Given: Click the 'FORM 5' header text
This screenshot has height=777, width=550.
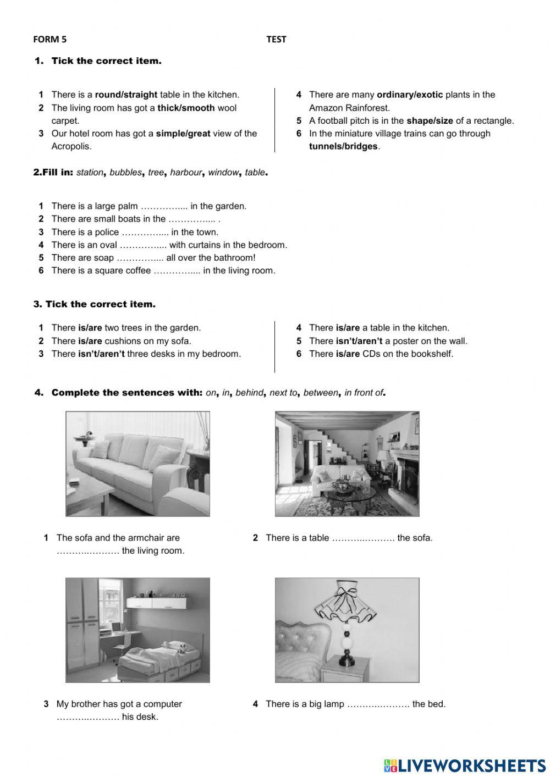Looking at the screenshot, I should [x=50, y=39].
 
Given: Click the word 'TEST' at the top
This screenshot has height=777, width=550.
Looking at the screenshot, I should [x=276, y=39].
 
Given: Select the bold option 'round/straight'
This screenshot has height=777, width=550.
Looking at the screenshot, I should [x=126, y=95].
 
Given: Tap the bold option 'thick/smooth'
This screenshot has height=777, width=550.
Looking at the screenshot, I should [x=186, y=108].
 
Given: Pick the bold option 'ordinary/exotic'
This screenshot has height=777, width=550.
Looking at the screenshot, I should [x=409, y=95].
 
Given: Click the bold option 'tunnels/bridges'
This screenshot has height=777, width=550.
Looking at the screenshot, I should [x=343, y=146].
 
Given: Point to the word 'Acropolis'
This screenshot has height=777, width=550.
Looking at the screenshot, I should [x=71, y=146].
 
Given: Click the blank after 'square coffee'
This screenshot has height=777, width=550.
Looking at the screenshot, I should [x=177, y=271].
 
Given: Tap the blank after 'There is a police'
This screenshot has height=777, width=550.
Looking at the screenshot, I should [x=145, y=233].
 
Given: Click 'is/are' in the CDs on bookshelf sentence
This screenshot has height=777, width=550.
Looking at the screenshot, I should [x=348, y=354].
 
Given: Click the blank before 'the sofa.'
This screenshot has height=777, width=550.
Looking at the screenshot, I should [x=363, y=538].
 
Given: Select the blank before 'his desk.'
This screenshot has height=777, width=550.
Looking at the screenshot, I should [x=88, y=717].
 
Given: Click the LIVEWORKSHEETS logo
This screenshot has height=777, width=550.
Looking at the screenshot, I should [x=465, y=765].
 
